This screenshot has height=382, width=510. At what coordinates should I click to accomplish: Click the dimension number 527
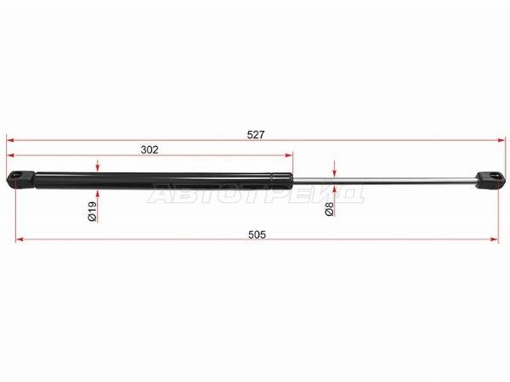coord(256,134)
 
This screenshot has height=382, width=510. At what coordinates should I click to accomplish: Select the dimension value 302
coord(150,149)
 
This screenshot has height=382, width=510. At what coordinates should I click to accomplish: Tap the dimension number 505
coord(257,234)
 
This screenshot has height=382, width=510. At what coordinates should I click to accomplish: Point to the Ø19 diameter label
coord(93,211)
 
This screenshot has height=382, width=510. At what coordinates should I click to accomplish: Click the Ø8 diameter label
coord(330,209)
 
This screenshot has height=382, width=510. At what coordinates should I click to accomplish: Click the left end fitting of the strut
coord(20,179)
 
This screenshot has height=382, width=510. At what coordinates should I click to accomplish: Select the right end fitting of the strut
coord(490,180)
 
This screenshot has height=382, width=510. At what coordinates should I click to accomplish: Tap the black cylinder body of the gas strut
coord(163,181)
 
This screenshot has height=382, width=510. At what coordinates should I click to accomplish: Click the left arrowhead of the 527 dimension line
coord(10,140)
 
